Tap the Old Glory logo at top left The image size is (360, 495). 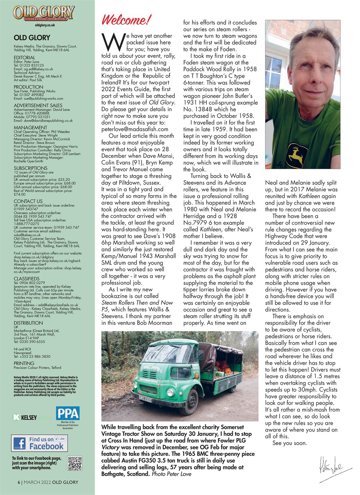click(x=45, y=12)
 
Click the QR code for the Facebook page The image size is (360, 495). click(x=75, y=463)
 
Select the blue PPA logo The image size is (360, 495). click(x=68, y=413)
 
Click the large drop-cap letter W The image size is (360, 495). click(x=111, y=41)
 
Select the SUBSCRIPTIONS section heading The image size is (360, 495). click(x=30, y=168)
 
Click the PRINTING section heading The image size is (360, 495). click(x=24, y=364)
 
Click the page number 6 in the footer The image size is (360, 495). click(x=19, y=483)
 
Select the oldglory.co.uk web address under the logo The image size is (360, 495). click(x=45, y=25)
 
